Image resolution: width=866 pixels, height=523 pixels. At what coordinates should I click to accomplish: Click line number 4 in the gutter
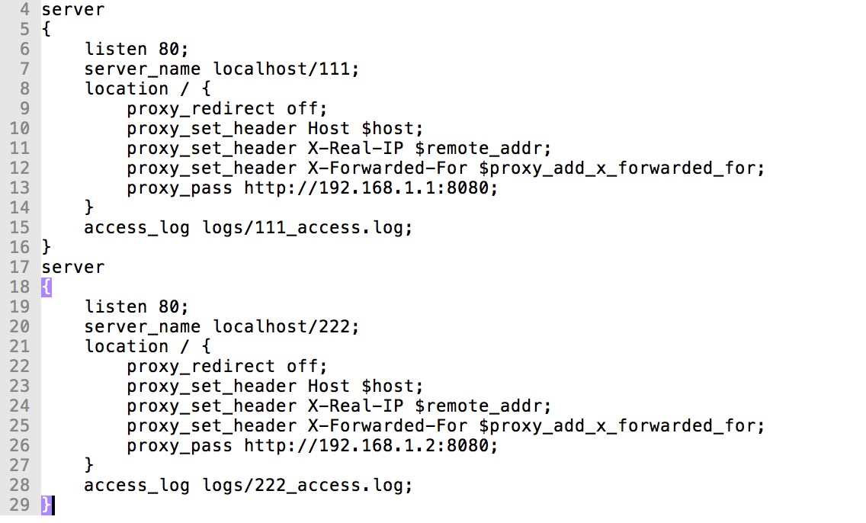(25, 11)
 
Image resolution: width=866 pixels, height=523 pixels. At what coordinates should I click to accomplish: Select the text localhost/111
(284, 69)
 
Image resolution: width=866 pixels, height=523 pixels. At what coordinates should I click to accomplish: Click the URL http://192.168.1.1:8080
(370, 188)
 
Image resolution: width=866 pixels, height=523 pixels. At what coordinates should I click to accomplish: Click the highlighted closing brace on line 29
(47, 505)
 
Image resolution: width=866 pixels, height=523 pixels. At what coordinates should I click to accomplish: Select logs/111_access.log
(306, 227)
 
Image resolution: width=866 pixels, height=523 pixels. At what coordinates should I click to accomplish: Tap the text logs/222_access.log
(306, 485)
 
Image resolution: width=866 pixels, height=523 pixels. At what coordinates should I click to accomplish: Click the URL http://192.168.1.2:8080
(370, 445)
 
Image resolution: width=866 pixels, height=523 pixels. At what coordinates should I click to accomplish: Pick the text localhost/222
(284, 327)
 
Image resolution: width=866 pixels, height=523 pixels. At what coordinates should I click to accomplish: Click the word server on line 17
(73, 268)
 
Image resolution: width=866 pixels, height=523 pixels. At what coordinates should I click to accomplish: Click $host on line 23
(392, 387)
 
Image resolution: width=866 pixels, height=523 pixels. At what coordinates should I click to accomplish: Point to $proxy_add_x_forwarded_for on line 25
(621, 425)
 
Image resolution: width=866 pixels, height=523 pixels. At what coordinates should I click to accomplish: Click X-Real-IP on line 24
(354, 406)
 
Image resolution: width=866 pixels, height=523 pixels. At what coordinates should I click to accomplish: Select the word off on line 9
(301, 109)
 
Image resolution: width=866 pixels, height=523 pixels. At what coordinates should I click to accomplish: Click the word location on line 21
(126, 346)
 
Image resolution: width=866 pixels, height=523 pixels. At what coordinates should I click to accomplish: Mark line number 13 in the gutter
(19, 188)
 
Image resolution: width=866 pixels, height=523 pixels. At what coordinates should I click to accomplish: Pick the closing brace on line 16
(47, 247)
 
